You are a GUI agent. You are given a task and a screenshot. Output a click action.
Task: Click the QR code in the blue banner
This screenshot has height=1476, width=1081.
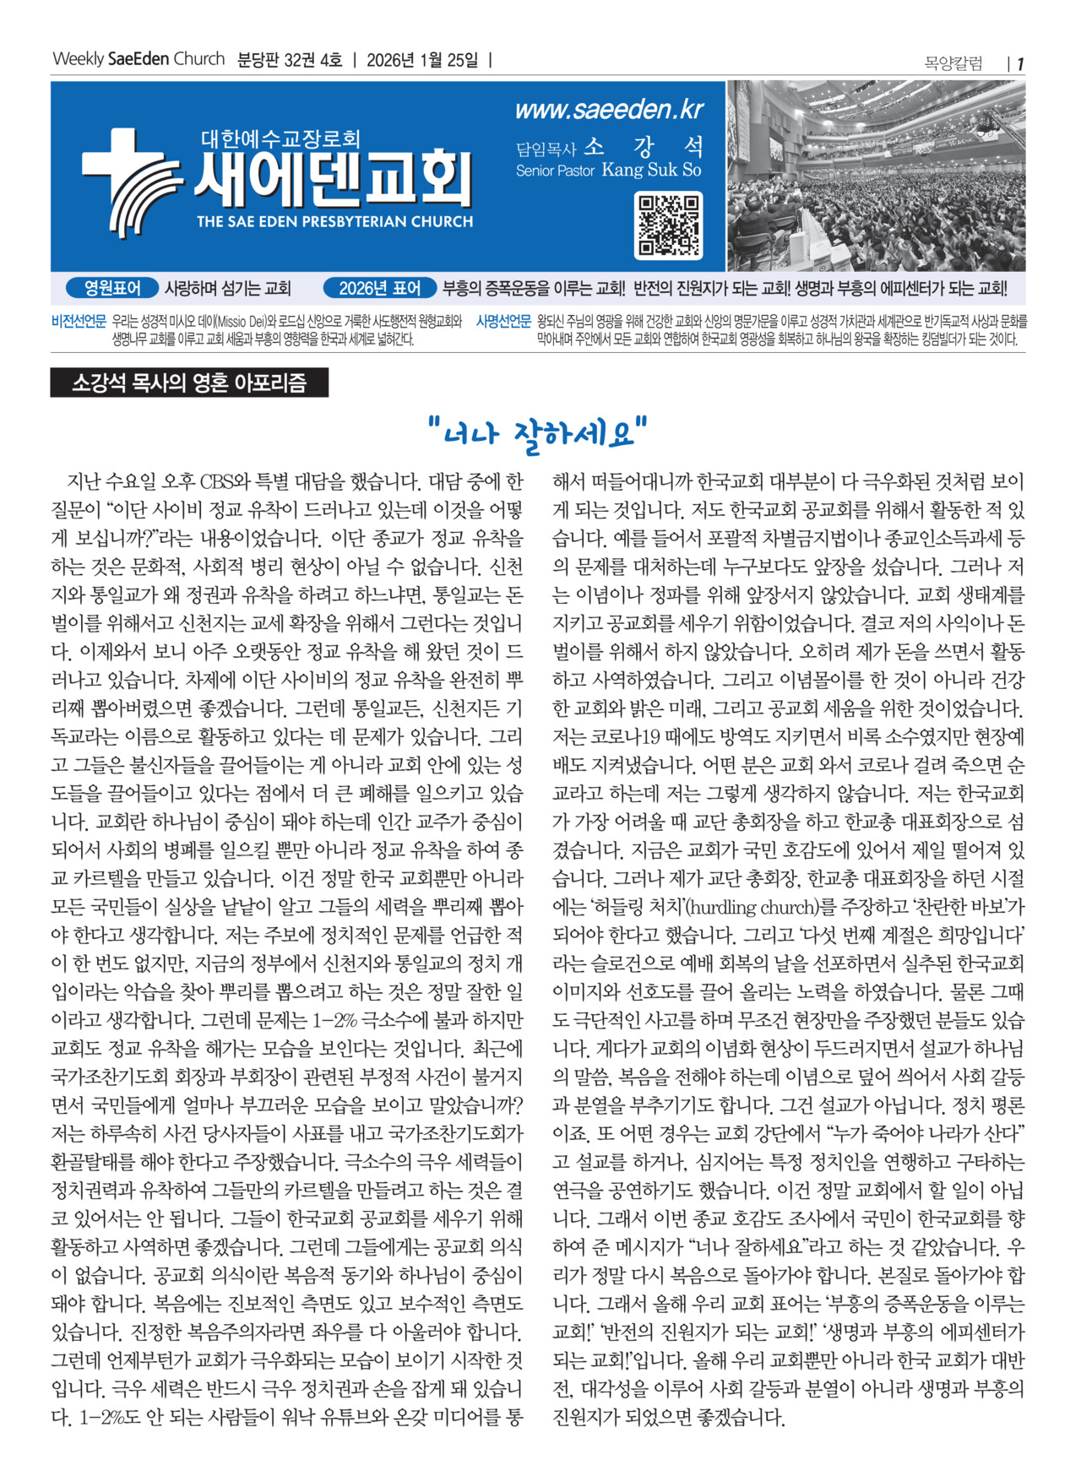[669, 225]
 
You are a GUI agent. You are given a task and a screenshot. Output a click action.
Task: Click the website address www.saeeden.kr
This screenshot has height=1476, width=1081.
[608, 110]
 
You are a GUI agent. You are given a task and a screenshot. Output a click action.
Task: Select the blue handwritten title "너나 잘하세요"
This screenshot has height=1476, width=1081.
[538, 434]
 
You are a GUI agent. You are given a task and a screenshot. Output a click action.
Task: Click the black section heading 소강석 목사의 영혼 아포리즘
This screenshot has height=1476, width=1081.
[189, 383]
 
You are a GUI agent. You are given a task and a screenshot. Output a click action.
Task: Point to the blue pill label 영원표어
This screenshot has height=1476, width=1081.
[113, 289]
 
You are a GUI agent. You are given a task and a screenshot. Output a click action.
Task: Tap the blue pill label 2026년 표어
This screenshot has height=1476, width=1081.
[380, 289]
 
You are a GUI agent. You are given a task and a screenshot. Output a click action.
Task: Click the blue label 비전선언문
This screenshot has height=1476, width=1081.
[79, 322]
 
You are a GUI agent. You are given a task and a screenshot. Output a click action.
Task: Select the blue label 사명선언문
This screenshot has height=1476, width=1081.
[503, 322]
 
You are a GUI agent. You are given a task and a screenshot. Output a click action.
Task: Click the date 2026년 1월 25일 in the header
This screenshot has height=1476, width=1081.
[422, 60]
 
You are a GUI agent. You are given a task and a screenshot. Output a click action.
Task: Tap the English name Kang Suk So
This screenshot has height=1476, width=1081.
[651, 170]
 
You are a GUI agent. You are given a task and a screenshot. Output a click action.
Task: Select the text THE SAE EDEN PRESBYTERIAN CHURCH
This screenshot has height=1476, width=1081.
[334, 222]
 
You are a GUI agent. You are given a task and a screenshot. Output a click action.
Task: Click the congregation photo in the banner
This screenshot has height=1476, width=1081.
[876, 176]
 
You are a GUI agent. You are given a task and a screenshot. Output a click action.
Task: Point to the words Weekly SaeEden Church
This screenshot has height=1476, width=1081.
[139, 59]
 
